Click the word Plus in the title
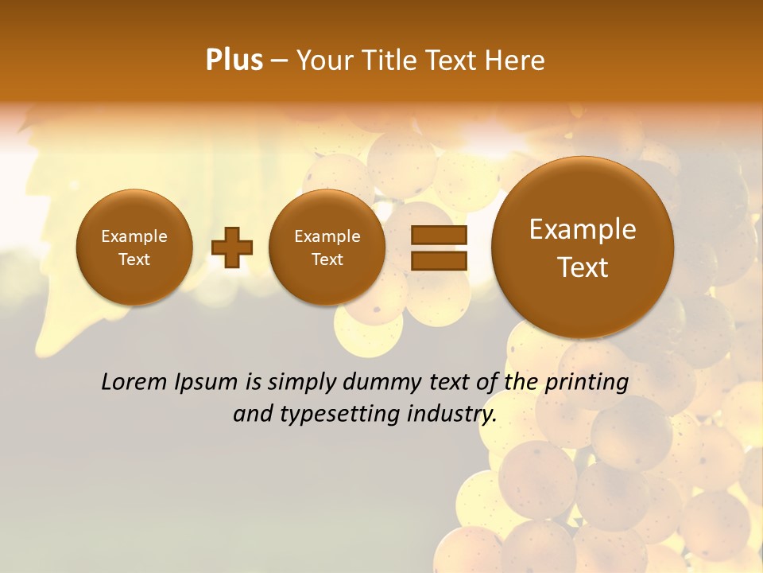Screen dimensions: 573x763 (x=234, y=60)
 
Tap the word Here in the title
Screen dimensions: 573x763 (x=516, y=60)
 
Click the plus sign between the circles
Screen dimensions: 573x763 (x=232, y=247)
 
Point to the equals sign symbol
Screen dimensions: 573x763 (x=439, y=247)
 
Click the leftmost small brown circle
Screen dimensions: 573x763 (x=134, y=247)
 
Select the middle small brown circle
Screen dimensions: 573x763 (x=327, y=247)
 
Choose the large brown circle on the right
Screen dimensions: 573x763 (x=583, y=247)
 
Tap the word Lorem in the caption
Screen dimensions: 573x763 (x=135, y=382)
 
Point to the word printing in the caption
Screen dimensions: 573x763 (x=586, y=383)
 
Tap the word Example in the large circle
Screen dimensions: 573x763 (x=583, y=229)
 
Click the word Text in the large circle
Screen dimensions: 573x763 (x=583, y=267)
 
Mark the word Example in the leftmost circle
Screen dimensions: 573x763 (x=134, y=236)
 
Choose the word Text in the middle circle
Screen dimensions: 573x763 (x=327, y=259)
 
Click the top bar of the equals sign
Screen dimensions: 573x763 (x=439, y=235)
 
